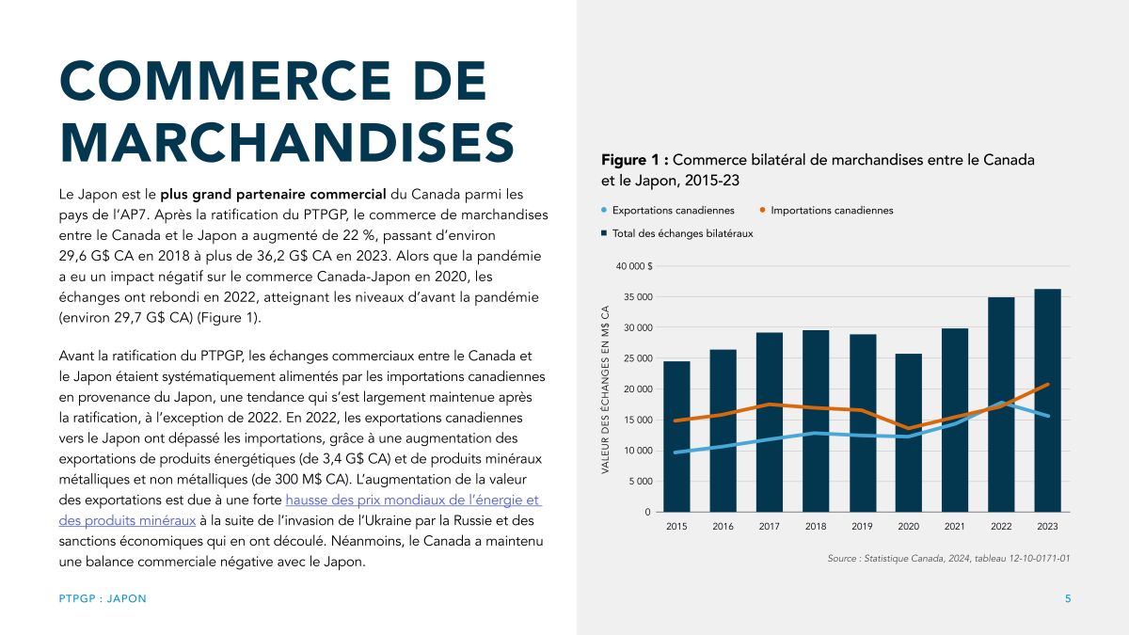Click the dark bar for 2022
pos(1001,405)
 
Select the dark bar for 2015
pos(676,437)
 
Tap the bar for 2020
pos(908,433)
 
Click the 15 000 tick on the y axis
pos(637,420)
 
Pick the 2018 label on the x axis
pos(816,527)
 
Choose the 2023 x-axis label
pos(1047,527)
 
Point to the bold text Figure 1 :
pos(634,160)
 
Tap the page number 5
pos(1068,599)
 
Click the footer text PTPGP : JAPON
pos(103,599)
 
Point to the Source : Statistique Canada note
pos(949,559)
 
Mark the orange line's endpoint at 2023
pos(1047,385)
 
